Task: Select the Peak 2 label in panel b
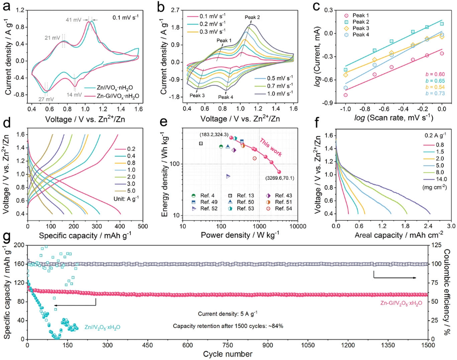coord(252,17)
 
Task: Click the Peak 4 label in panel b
coord(226,97)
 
